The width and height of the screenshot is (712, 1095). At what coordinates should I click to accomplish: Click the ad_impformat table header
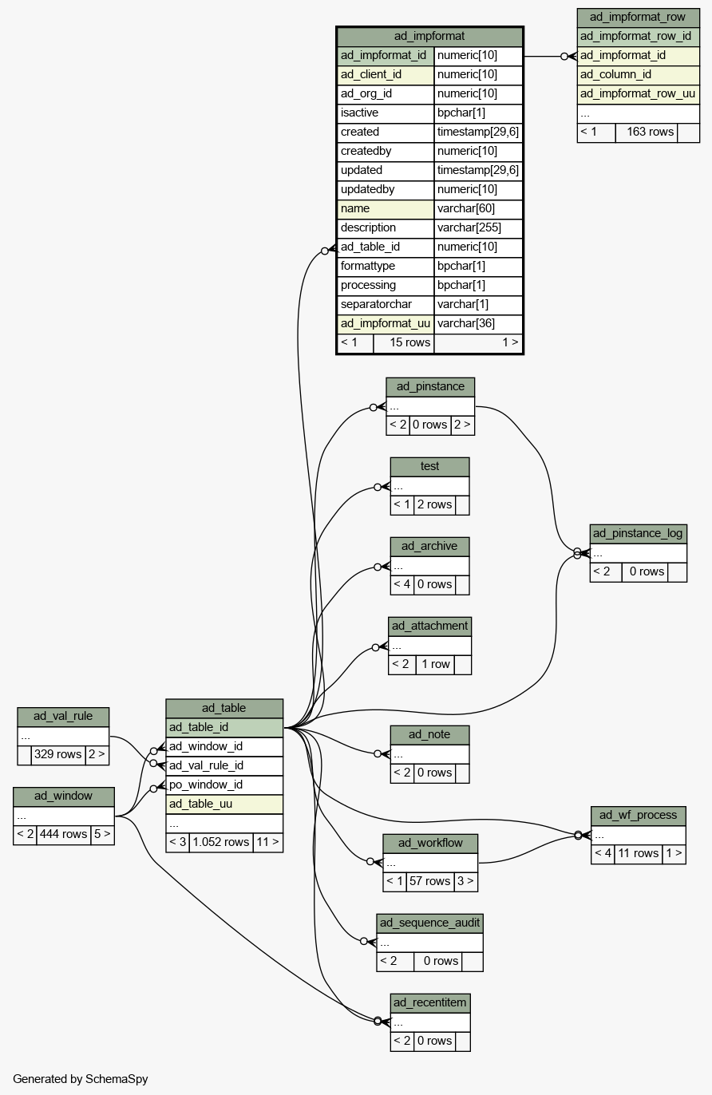click(429, 37)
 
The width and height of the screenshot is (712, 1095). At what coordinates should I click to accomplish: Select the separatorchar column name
click(376, 304)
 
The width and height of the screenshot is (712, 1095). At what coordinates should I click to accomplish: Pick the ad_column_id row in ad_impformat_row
click(615, 75)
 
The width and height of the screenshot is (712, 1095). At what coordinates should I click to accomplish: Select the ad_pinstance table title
click(430, 387)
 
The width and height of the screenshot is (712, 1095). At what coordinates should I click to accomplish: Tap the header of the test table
click(429, 466)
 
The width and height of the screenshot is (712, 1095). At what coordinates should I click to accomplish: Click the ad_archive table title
click(429, 546)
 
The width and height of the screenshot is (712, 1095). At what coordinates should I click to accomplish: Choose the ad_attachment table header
click(430, 626)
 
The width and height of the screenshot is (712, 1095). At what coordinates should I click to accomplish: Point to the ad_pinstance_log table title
click(638, 533)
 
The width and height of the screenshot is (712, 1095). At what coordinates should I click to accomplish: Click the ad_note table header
click(429, 734)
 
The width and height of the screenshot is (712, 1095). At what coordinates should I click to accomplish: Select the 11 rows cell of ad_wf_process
click(638, 853)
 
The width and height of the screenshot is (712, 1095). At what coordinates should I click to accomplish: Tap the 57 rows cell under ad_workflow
click(429, 881)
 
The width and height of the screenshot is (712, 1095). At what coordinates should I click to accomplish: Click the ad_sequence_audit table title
click(430, 923)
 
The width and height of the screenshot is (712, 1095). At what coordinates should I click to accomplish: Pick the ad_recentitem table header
click(430, 1002)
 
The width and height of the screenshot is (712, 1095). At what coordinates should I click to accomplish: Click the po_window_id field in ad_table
click(206, 785)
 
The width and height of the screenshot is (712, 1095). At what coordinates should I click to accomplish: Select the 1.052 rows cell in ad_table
click(220, 842)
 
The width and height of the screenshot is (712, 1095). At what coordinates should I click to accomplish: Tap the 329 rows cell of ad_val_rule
click(57, 754)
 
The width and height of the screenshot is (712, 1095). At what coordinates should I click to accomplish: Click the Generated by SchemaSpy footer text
click(81, 1079)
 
